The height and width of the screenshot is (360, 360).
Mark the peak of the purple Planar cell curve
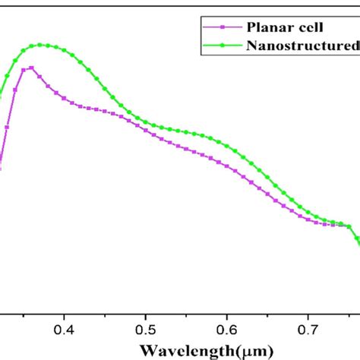coord(30,68)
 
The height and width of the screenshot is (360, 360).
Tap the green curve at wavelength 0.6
coord(227,144)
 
